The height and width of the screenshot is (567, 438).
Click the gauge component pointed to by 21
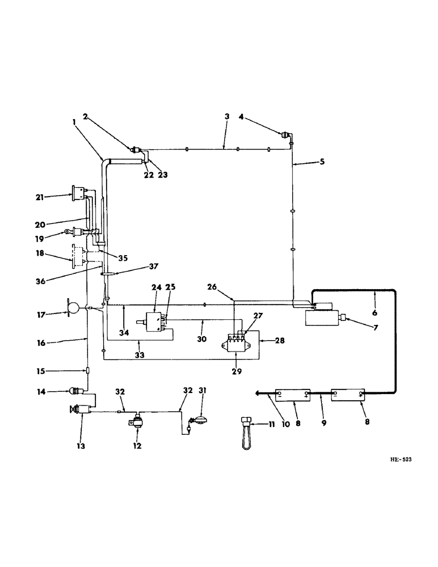78,194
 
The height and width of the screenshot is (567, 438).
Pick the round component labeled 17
73,308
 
